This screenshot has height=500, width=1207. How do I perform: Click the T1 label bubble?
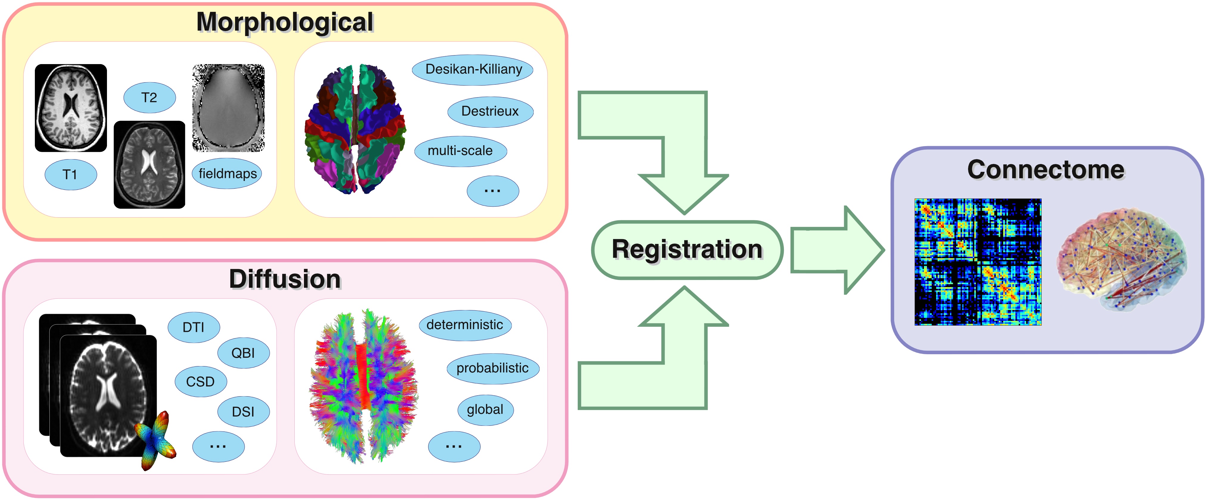[x=70, y=174]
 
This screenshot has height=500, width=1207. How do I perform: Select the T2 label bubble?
[x=150, y=97]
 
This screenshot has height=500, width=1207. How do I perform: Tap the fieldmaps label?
[x=227, y=174]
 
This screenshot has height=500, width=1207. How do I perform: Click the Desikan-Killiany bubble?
[x=473, y=69]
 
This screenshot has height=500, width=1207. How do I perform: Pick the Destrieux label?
[x=490, y=111]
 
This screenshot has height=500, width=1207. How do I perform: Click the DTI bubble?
[x=193, y=327]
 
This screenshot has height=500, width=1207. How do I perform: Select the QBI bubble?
[x=243, y=353]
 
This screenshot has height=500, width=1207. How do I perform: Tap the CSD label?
[x=201, y=381]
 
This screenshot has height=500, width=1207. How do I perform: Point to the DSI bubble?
[x=243, y=411]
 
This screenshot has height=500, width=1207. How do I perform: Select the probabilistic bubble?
[x=493, y=368]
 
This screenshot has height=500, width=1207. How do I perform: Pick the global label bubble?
[x=485, y=409]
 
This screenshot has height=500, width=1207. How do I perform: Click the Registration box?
[x=687, y=250]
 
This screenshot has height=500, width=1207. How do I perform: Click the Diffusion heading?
[x=285, y=279]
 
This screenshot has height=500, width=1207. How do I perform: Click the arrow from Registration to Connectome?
[x=836, y=250]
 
